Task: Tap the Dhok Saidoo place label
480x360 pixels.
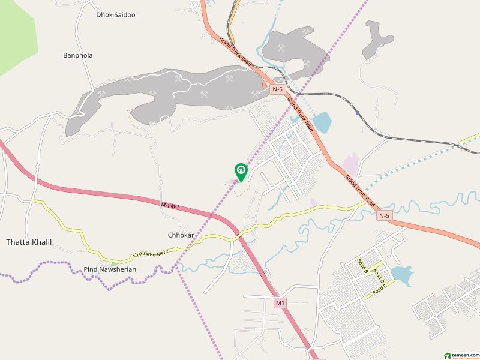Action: click(116, 14)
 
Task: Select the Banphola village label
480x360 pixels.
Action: click(78, 55)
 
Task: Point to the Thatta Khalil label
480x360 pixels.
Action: click(29, 242)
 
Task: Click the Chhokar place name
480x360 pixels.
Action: click(181, 235)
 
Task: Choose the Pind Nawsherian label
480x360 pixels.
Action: click(110, 269)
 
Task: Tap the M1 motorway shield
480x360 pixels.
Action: click(280, 303)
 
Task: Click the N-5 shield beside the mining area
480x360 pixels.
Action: click(277, 89)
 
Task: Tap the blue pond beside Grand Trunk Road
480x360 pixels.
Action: click(321, 122)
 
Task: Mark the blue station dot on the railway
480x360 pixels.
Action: click(358, 112)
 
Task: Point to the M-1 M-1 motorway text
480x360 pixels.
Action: click(170, 206)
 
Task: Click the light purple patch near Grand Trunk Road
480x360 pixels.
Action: click(350, 163)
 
